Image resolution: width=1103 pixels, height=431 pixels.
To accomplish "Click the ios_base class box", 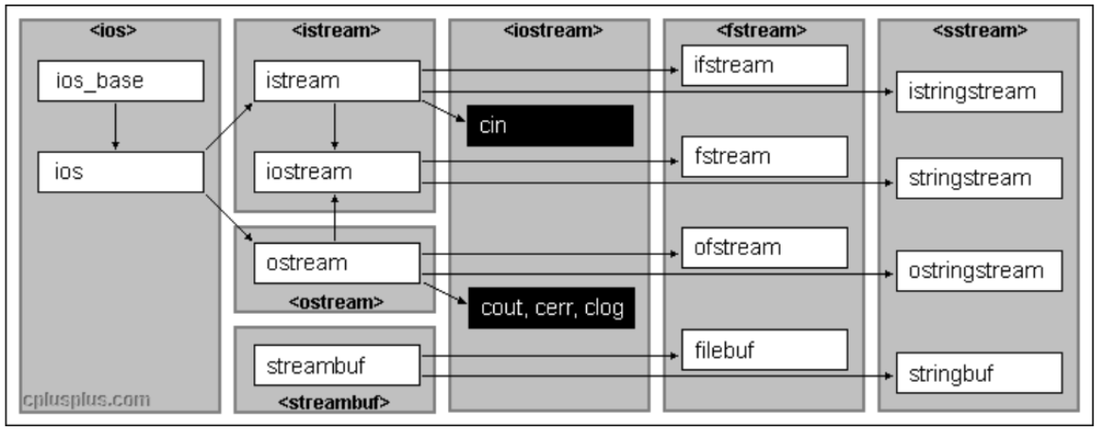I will tap(121, 81).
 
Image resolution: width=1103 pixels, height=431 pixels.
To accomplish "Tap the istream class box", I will tap(336, 82).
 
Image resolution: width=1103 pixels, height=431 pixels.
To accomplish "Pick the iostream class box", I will tap(336, 173).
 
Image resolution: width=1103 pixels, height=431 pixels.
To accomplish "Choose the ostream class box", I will tap(336, 263).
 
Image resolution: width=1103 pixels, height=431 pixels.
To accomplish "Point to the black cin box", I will tap(550, 127).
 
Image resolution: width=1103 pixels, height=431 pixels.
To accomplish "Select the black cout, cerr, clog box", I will tap(550, 307).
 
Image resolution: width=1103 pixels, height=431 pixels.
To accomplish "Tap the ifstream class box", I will tap(764, 65).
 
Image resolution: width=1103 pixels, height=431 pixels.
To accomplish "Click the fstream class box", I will tap(764, 156).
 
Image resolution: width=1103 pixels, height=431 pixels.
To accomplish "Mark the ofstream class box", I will tap(764, 248).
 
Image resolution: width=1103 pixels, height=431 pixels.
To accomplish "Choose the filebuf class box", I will tap(764, 351).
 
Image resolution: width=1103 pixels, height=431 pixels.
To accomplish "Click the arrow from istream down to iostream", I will tap(334, 127).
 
